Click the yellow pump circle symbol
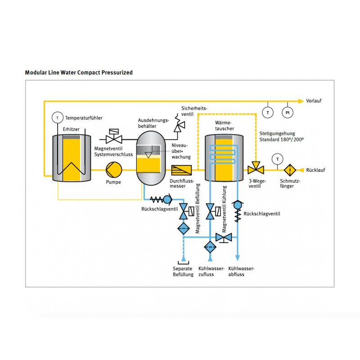114,170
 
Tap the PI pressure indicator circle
288,112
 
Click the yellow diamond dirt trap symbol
290,170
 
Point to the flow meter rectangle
181,170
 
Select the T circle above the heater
58,117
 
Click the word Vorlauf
314,100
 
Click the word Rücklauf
315,170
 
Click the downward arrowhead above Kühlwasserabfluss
238,258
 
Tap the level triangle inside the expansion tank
148,155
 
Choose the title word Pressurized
117,72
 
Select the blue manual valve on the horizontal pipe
224,238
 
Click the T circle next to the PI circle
268,112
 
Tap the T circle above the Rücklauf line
278,159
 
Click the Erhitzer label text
71,129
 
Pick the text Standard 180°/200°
282,139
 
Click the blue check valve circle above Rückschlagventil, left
167,199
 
